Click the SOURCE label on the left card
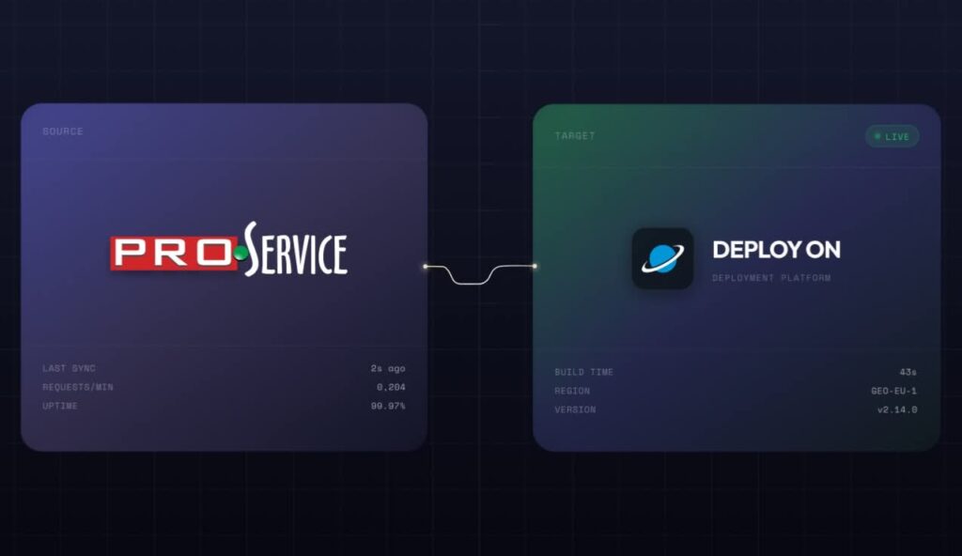point(63,131)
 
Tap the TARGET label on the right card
point(575,135)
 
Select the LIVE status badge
point(892,136)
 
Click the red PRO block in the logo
point(174,253)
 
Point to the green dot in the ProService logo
point(240,253)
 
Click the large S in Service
point(251,249)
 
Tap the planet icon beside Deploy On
point(662,257)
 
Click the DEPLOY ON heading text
point(776,250)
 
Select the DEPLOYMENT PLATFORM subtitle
point(771,278)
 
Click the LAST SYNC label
point(69,368)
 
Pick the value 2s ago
point(388,368)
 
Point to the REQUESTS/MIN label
point(78,387)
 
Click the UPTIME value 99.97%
point(388,406)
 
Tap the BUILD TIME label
point(583,372)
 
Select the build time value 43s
point(908,372)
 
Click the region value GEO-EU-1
point(894,391)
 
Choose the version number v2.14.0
point(897,409)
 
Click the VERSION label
point(575,409)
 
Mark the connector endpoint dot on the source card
point(426,267)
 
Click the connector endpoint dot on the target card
point(535,266)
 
